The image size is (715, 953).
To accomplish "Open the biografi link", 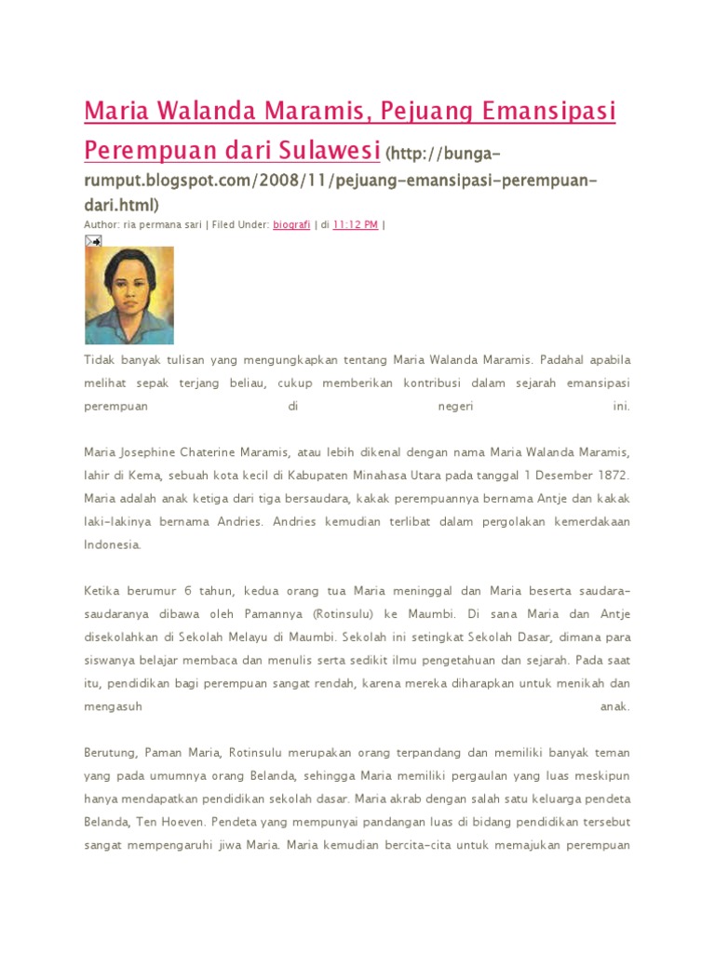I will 291,224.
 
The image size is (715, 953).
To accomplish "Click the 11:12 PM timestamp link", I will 355,224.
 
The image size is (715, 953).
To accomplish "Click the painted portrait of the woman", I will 128,295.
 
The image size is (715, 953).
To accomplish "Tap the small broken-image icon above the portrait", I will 93,240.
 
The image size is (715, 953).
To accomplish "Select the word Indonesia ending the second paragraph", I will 112,545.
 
